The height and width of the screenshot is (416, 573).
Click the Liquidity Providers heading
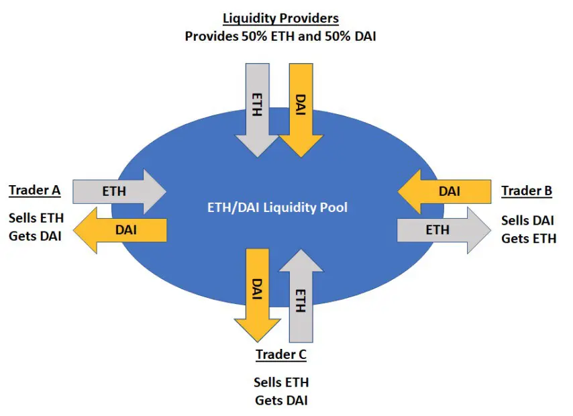280,19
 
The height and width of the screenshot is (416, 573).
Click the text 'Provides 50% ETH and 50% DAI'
280,36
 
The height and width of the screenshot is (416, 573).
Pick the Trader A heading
35,191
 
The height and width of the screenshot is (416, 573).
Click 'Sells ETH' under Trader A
36,219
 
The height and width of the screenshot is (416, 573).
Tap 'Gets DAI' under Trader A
36,236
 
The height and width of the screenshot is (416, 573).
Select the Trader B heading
527,191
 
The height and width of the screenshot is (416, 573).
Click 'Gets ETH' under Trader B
529,238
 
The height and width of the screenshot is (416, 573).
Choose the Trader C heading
280,354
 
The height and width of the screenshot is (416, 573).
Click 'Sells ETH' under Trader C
281,383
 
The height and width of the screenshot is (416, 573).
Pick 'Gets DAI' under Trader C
281,401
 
